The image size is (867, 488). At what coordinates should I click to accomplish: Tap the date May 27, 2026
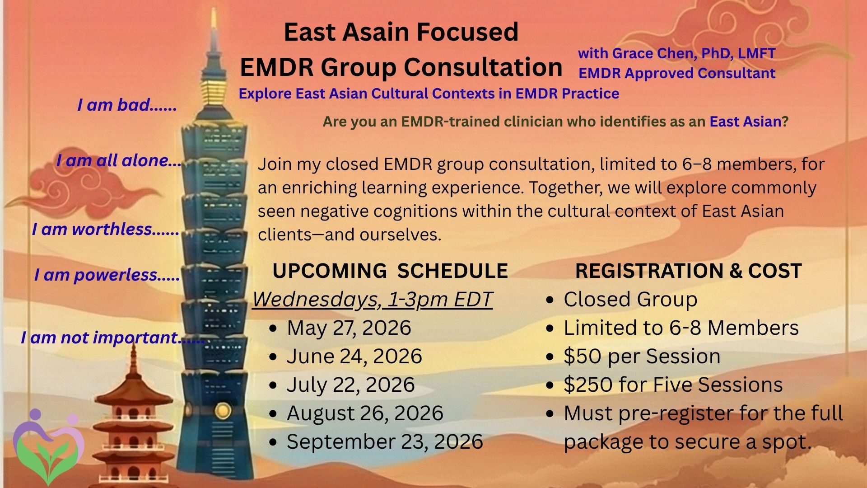pyautogui.click(x=349, y=328)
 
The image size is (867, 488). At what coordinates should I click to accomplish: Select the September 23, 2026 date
pyautogui.click(x=385, y=442)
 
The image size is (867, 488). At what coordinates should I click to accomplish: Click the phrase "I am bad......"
pyautogui.click(x=127, y=105)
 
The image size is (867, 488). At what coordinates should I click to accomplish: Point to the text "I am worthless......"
pyautogui.click(x=106, y=229)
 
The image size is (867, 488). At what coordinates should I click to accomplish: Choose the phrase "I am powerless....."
pyautogui.click(x=107, y=275)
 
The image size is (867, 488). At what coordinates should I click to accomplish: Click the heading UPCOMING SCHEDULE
pyautogui.click(x=390, y=271)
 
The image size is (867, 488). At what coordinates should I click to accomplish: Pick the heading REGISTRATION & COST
pyautogui.click(x=688, y=271)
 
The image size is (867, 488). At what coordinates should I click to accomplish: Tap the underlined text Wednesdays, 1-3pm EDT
pyautogui.click(x=372, y=300)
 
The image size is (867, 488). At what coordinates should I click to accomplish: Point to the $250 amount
pyautogui.click(x=588, y=385)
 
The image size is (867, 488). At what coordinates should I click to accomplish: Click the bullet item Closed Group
pyautogui.click(x=630, y=300)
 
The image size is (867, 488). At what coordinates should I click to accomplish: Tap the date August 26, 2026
pyautogui.click(x=365, y=413)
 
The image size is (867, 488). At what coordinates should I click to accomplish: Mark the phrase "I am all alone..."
pyautogui.click(x=119, y=160)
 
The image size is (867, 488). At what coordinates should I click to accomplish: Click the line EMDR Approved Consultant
pyautogui.click(x=677, y=73)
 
